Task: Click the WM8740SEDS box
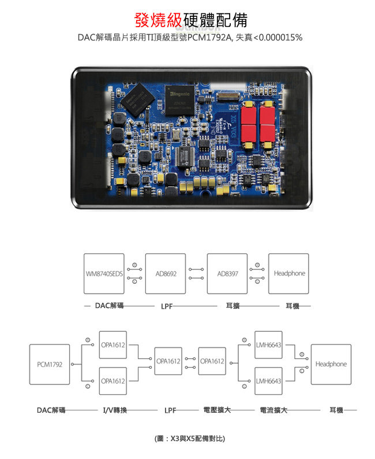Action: click(104, 273)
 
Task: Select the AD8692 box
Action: click(166, 273)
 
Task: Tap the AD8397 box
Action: click(227, 273)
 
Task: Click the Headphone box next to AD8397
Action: click(288, 273)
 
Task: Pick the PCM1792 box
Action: click(50, 364)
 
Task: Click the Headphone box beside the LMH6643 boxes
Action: click(331, 364)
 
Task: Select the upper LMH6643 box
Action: click(268, 345)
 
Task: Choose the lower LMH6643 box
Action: click(268, 381)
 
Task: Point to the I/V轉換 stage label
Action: click(115, 410)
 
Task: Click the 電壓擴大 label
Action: click(217, 410)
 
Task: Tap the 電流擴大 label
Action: click(273, 410)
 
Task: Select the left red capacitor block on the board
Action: click(249, 123)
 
